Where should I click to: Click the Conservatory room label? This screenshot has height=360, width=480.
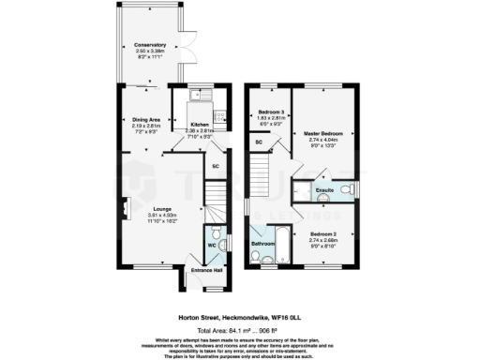click(x=150, y=45)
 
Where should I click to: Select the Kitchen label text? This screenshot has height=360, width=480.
click(x=200, y=124)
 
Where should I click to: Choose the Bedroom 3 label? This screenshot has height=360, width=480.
click(x=270, y=112)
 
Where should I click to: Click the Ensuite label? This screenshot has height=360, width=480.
click(x=324, y=191)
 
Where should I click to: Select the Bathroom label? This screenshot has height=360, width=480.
click(x=262, y=243)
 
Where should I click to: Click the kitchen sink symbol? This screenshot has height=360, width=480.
click(x=200, y=96)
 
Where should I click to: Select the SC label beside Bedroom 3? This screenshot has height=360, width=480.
click(x=259, y=142)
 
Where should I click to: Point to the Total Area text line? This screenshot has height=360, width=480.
click(x=240, y=331)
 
